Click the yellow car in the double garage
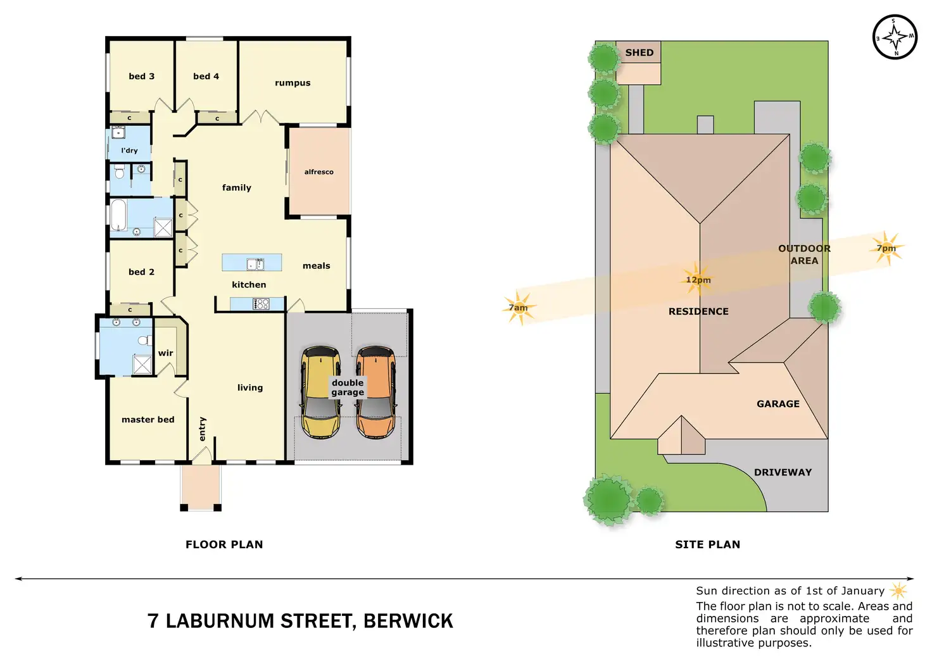click(320, 392)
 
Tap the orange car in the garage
click(376, 392)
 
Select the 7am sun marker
click(519, 308)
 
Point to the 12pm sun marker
click(698, 279)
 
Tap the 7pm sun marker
click(886, 248)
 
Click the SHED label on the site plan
click(639, 53)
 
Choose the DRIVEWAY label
click(783, 472)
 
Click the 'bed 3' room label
click(141, 77)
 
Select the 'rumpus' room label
click(293, 83)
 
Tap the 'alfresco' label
click(318, 172)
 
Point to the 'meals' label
click(316, 266)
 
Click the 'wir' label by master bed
click(165, 353)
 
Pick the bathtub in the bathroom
click(119, 215)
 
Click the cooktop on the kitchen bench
click(261, 304)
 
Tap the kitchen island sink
click(255, 264)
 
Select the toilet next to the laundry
click(118, 172)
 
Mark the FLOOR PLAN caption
click(224, 544)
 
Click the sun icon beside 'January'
click(898, 591)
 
